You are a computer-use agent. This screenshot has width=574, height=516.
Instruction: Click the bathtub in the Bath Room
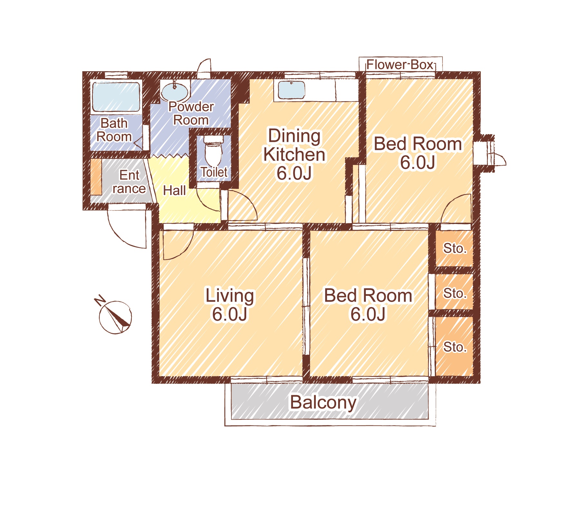[x=116, y=97]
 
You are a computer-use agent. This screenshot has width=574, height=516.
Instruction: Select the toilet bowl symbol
[x=213, y=151]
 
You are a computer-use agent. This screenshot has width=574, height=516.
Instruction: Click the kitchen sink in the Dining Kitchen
[x=291, y=90]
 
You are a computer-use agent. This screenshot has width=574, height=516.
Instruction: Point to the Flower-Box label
[x=400, y=65]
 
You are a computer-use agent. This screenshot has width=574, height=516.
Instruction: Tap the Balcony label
[x=323, y=403]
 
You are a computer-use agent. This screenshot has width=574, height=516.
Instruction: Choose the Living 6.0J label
[x=230, y=305]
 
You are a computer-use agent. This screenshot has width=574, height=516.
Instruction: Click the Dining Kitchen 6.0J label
[x=294, y=154]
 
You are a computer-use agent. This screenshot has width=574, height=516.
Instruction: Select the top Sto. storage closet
[x=454, y=248]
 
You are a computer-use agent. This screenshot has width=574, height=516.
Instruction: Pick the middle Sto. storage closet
[x=454, y=292]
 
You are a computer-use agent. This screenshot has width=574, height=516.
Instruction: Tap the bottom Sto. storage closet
[x=454, y=346]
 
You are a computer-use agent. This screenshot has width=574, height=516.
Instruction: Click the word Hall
[x=174, y=190]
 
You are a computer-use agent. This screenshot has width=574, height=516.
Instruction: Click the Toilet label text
[x=214, y=172]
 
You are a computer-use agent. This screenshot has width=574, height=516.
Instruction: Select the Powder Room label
[x=191, y=113]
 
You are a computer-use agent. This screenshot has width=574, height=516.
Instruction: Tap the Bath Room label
[x=114, y=130]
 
